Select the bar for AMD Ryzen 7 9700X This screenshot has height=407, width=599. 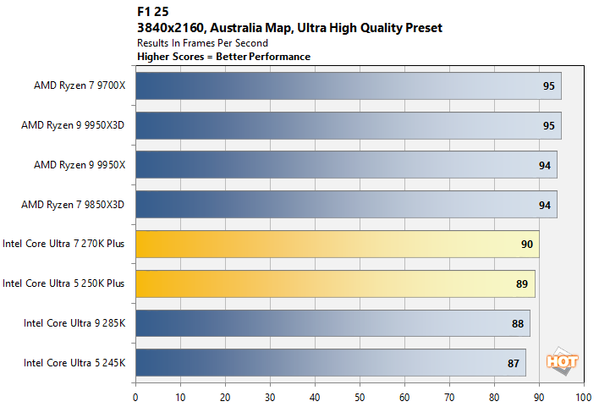coord(347,85)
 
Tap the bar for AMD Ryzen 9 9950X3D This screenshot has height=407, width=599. coord(347,125)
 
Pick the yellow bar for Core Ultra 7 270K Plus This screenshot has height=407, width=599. coord(337,244)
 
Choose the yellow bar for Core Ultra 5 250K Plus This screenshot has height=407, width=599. coord(334,283)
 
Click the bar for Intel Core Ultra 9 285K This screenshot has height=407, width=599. coord(332,322)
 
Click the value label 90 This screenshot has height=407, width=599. coord(527,244)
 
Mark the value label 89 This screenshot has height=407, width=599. coord(523,283)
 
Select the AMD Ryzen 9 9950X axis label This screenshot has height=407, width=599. coord(74,164)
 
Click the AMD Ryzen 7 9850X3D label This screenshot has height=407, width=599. coord(74,204)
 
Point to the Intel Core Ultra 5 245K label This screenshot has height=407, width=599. coord(74,362)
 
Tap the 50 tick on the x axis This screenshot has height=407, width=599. coord(359,395)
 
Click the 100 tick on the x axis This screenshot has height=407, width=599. coord(582,395)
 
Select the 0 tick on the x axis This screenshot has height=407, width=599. coord(135,395)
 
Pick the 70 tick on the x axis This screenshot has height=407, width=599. coord(448,395)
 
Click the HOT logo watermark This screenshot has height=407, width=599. coord(563,360)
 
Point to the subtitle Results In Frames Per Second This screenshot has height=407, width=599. coord(202,42)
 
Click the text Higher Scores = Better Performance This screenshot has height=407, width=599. coord(223,56)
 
